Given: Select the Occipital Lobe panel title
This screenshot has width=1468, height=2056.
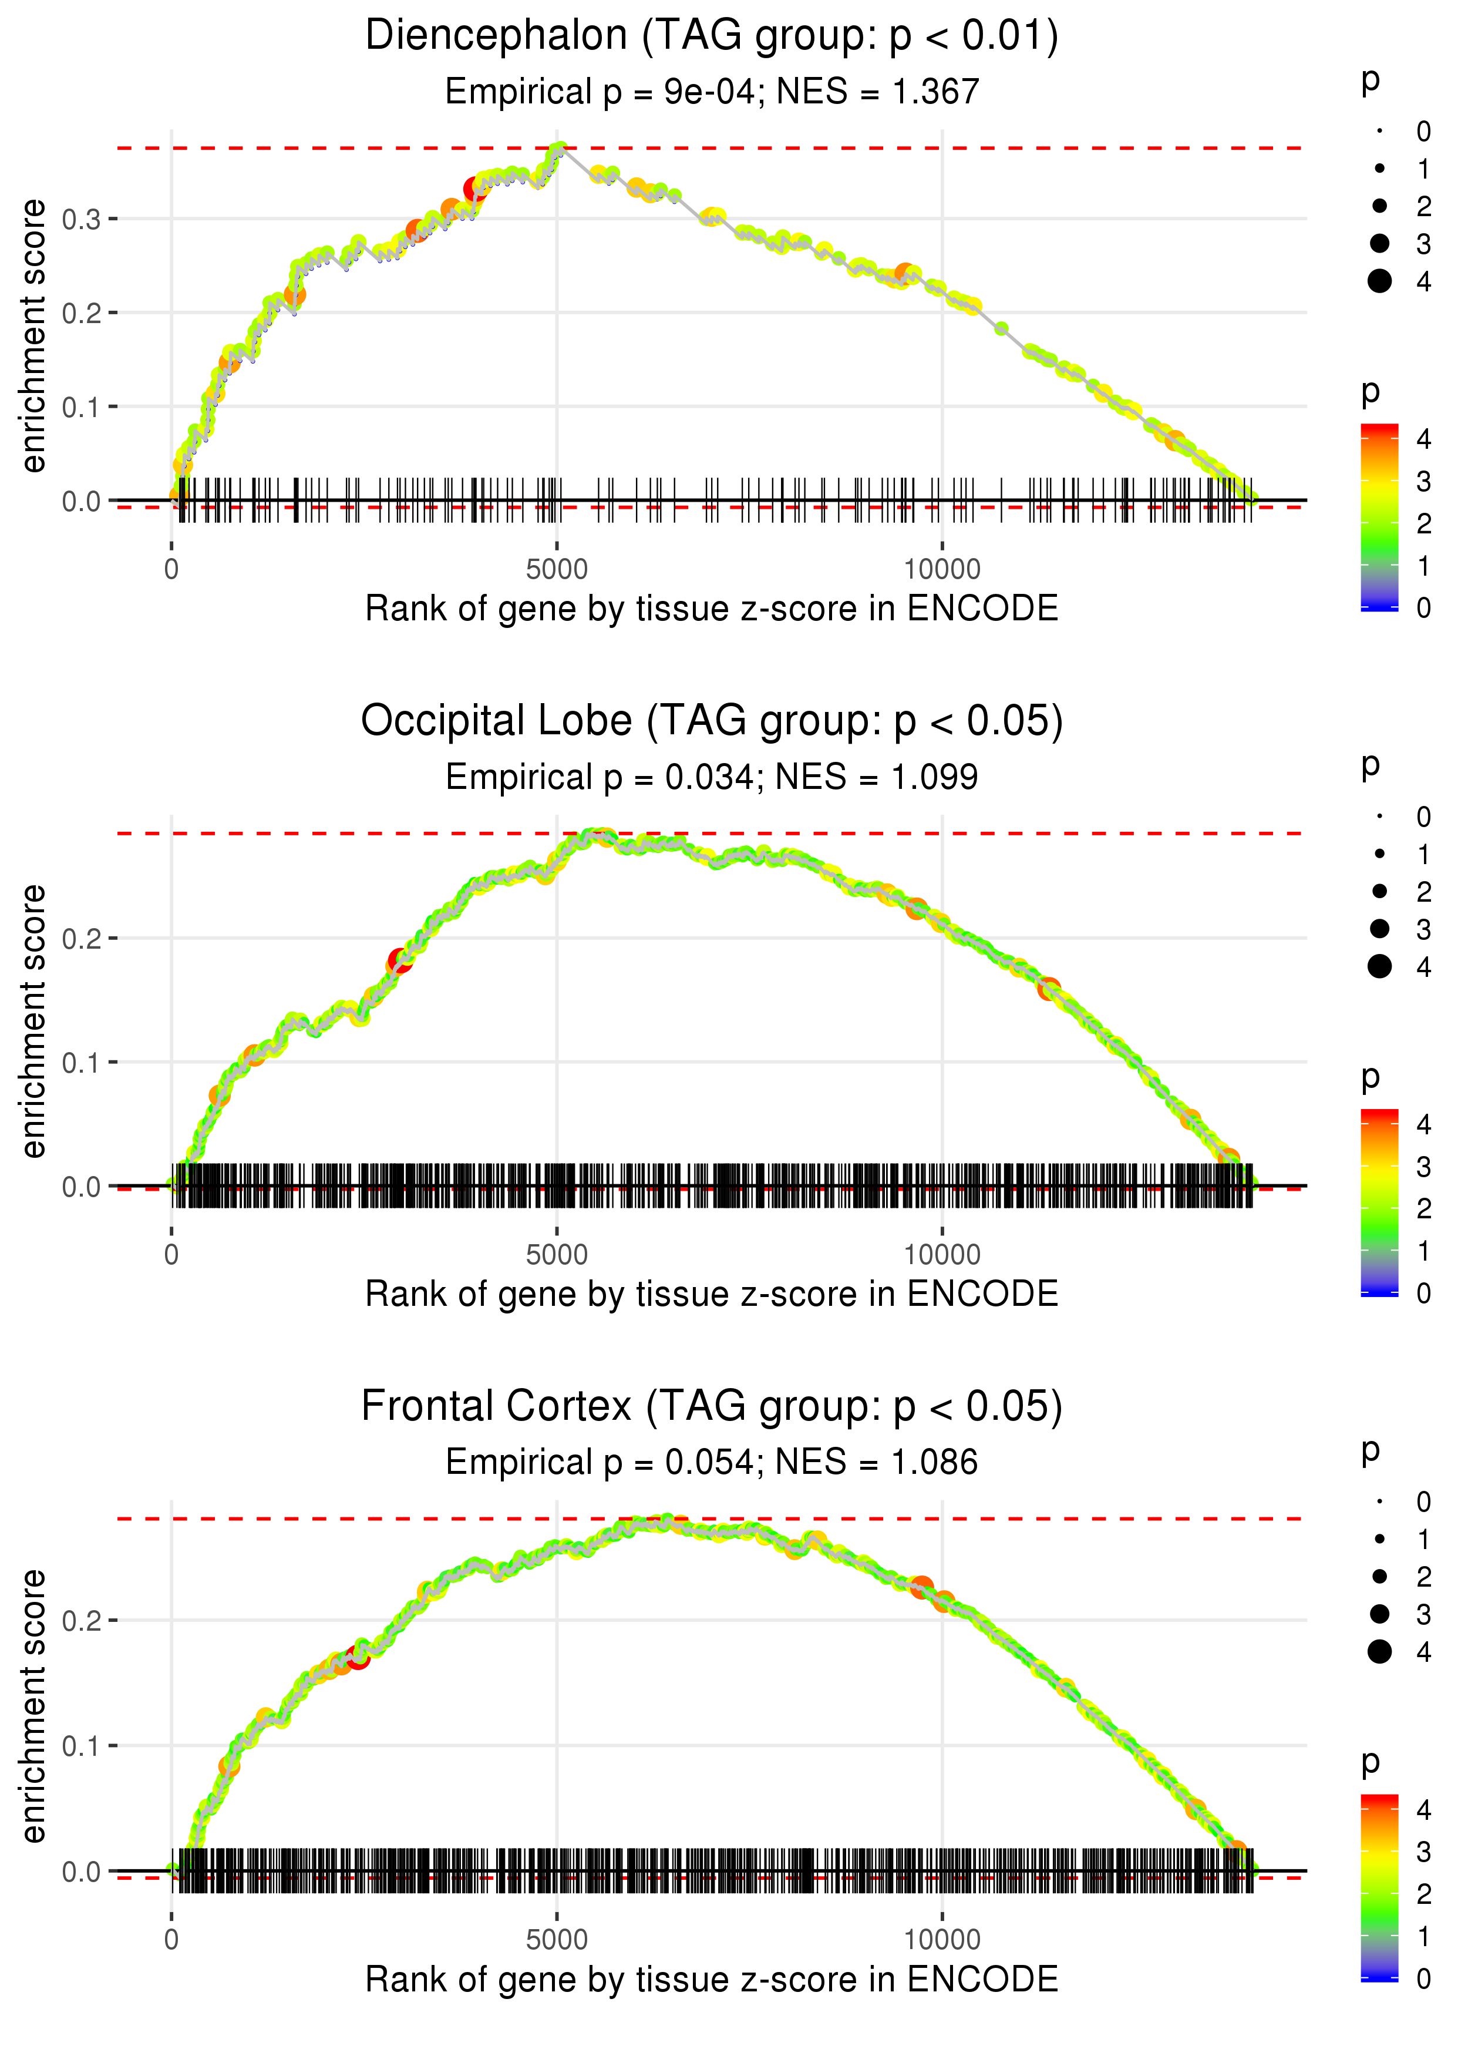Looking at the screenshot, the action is click(712, 721).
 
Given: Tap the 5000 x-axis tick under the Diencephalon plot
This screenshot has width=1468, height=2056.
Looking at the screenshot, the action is click(557, 570).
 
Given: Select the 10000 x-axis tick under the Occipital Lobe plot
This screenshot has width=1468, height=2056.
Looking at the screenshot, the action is click(942, 1255).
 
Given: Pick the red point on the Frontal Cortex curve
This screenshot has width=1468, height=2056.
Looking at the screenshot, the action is click(359, 1657).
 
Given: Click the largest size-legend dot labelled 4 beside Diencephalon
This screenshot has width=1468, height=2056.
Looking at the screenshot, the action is click(1379, 281).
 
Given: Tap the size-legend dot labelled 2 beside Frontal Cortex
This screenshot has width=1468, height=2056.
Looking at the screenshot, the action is click(1379, 1577).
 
